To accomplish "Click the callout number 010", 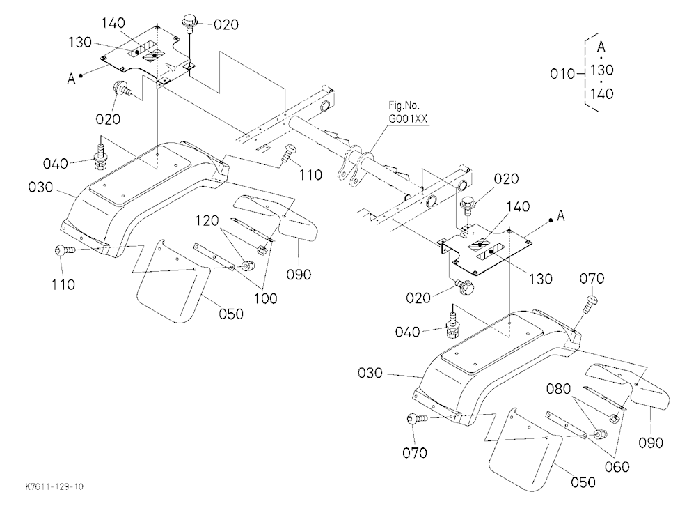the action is point(563,73).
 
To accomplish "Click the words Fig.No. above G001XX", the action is point(404,106).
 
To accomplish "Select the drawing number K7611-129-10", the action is point(54,486).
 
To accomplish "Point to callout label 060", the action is point(617,467).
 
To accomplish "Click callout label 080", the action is point(558,389).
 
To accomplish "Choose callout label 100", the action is point(265,298).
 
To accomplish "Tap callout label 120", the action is point(207,220).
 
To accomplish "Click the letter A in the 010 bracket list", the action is point(601,47).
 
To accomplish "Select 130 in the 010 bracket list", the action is point(602,70).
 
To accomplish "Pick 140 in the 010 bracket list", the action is point(602,94).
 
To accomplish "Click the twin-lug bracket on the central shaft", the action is point(354,167).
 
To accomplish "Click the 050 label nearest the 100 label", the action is point(231,314).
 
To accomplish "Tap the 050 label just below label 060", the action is point(583,482).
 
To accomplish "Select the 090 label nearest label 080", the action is point(651,443).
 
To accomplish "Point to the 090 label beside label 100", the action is point(299,275).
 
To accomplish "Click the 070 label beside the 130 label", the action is point(592,279).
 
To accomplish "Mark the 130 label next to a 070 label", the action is point(541,279).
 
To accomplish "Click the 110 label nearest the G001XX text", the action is point(310,175).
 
